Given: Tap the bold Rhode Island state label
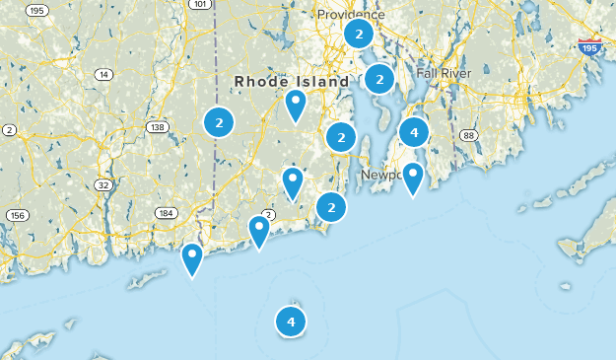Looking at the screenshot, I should click(x=292, y=81).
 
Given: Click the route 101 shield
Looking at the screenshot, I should click(x=200, y=5).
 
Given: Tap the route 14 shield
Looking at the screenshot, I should click(x=103, y=75).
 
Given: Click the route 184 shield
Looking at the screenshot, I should click(x=166, y=213).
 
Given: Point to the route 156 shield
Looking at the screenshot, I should click(x=17, y=215).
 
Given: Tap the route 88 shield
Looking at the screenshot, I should click(x=468, y=135).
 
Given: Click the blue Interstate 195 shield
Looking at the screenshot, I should click(x=588, y=47).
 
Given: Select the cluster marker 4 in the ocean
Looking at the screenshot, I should click(x=291, y=321).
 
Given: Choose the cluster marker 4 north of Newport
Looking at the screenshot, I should click(x=414, y=131).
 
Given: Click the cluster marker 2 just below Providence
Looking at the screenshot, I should click(x=358, y=35).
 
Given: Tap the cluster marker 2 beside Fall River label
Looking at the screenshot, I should click(x=379, y=78).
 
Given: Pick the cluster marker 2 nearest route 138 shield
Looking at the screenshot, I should click(x=219, y=122).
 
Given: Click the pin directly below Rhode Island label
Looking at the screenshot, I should click(x=295, y=105).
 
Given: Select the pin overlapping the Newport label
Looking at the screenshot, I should click(x=412, y=178).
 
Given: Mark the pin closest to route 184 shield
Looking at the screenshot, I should click(x=192, y=258).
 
